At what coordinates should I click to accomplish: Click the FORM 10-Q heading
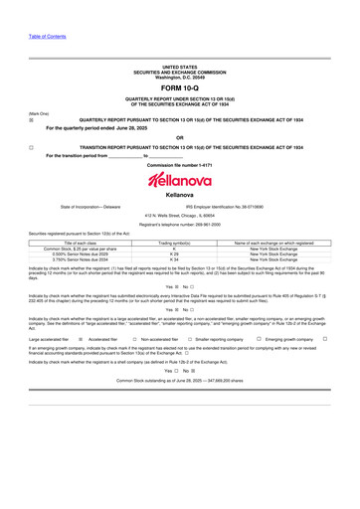pyautogui.click(x=179, y=89)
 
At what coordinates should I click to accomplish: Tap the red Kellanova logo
pyautogui.click(x=179, y=179)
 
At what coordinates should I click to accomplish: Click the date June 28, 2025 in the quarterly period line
pyautogui.click(x=137, y=127)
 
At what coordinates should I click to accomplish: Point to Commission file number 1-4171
pyautogui.click(x=179, y=164)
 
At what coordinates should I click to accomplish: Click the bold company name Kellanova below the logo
pyautogui.click(x=179, y=196)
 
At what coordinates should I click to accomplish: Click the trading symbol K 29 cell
pyautogui.click(x=174, y=254)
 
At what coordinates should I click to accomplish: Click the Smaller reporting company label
pyautogui.click(x=220, y=339)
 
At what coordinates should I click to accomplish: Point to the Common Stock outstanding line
pyautogui.click(x=179, y=381)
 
